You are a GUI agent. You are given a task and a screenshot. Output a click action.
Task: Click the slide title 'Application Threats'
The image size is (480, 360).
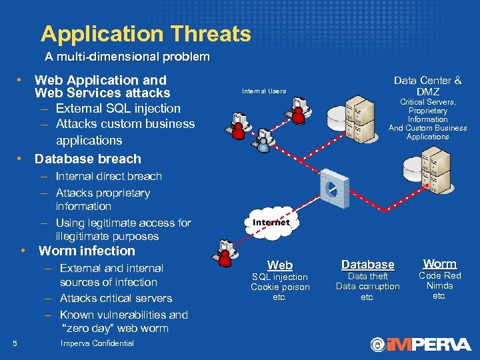145,33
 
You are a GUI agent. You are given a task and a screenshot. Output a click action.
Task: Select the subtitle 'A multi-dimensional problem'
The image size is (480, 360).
127,57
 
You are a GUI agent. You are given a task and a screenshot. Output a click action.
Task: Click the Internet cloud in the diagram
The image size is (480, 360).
271,223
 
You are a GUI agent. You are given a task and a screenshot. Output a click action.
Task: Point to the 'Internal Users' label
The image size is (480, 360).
264,91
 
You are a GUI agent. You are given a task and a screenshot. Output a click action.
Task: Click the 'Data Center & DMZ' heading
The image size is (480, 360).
427,86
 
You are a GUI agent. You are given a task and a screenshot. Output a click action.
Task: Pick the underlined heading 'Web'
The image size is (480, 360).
280,265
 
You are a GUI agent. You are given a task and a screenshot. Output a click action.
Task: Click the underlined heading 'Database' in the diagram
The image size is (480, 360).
367,265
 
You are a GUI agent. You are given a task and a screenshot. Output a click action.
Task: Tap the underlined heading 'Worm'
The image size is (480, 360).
439,264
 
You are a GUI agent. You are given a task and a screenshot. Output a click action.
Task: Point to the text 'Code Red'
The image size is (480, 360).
439,275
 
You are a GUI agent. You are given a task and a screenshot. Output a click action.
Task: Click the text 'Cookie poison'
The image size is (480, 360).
280,287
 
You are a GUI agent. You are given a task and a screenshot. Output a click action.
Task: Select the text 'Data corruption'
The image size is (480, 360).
367,287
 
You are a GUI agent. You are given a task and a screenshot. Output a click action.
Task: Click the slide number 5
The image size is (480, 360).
15,343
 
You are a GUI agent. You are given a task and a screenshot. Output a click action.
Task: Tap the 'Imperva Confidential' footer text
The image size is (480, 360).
97,343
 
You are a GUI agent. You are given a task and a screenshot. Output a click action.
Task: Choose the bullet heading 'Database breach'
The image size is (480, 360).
88,159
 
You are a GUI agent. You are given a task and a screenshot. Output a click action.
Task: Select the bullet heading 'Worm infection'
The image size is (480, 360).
87,251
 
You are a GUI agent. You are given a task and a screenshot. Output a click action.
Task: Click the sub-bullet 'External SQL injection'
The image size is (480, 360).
118,108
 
